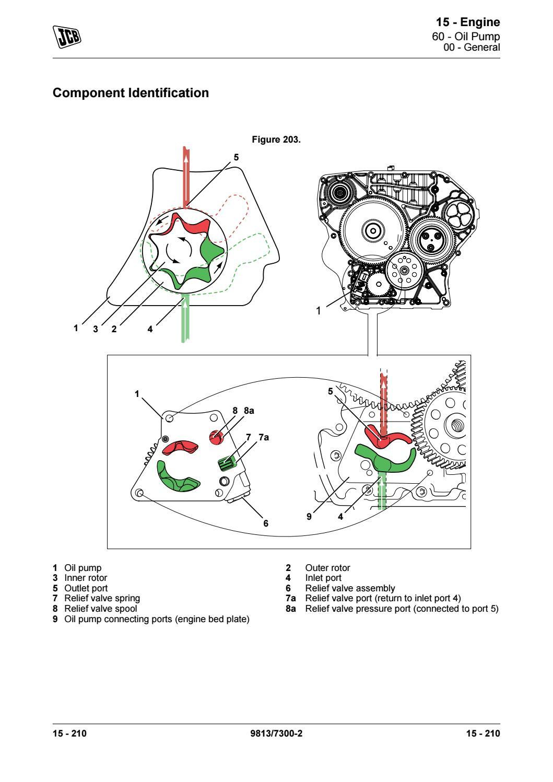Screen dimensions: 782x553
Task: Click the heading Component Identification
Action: tap(131, 93)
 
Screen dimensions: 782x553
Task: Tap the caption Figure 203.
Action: tap(276, 140)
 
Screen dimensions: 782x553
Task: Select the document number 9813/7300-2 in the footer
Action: tap(276, 734)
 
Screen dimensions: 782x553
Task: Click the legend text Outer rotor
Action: tap(327, 568)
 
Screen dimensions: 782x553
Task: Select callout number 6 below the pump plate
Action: tap(265, 522)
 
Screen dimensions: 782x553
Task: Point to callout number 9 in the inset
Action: tap(309, 517)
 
